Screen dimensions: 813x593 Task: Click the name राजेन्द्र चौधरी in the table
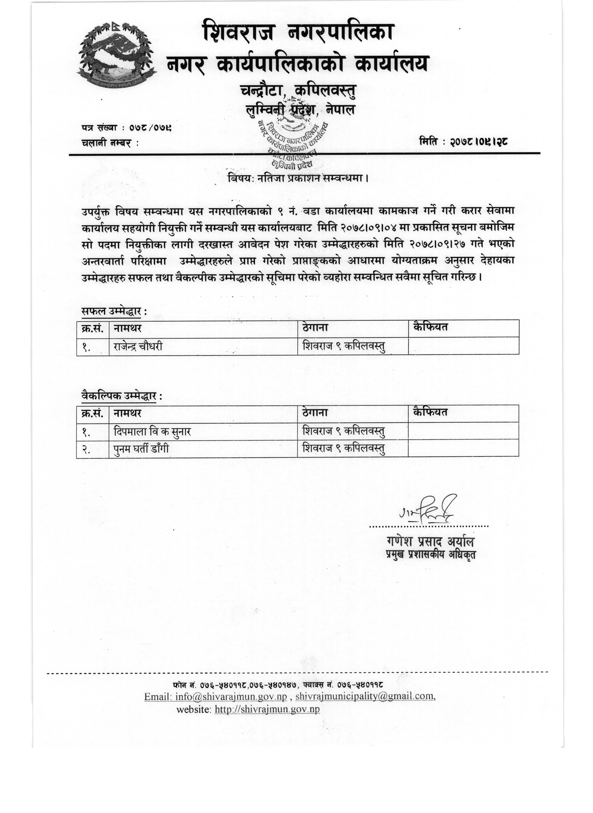[x=138, y=346]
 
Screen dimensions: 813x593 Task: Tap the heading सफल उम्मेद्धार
[x=114, y=311]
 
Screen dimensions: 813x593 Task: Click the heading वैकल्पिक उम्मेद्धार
[x=121, y=396]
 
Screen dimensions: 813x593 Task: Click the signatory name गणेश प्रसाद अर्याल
[x=430, y=541]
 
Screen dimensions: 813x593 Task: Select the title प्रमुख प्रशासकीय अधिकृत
[x=430, y=555]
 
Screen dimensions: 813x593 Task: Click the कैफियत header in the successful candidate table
[x=430, y=327]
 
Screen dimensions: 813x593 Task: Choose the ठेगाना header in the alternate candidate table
[x=315, y=413]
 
